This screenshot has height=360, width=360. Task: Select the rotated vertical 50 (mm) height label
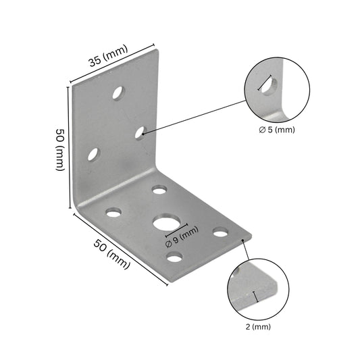[60, 150]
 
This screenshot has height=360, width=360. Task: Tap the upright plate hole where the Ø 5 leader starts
[140, 132]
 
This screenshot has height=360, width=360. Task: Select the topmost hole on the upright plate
[118, 93]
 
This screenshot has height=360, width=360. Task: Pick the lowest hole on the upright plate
[93, 155]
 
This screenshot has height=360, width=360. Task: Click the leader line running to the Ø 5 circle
[196, 116]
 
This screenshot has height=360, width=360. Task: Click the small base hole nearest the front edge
[175, 257]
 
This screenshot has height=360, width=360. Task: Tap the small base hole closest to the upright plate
[159, 190]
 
